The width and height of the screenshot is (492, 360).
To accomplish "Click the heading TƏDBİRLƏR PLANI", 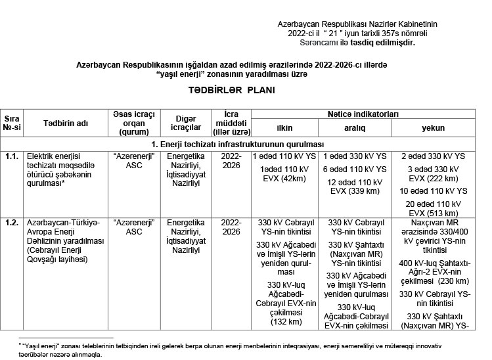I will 227,91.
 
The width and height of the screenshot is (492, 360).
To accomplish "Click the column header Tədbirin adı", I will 66,124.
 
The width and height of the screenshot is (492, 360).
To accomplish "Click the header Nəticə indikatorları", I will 359,114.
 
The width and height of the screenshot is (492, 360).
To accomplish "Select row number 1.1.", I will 11,156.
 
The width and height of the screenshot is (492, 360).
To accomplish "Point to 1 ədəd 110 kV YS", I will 284,156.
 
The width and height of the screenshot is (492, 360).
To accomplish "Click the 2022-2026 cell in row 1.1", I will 231,161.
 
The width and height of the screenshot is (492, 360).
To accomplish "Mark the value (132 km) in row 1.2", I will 284,322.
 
